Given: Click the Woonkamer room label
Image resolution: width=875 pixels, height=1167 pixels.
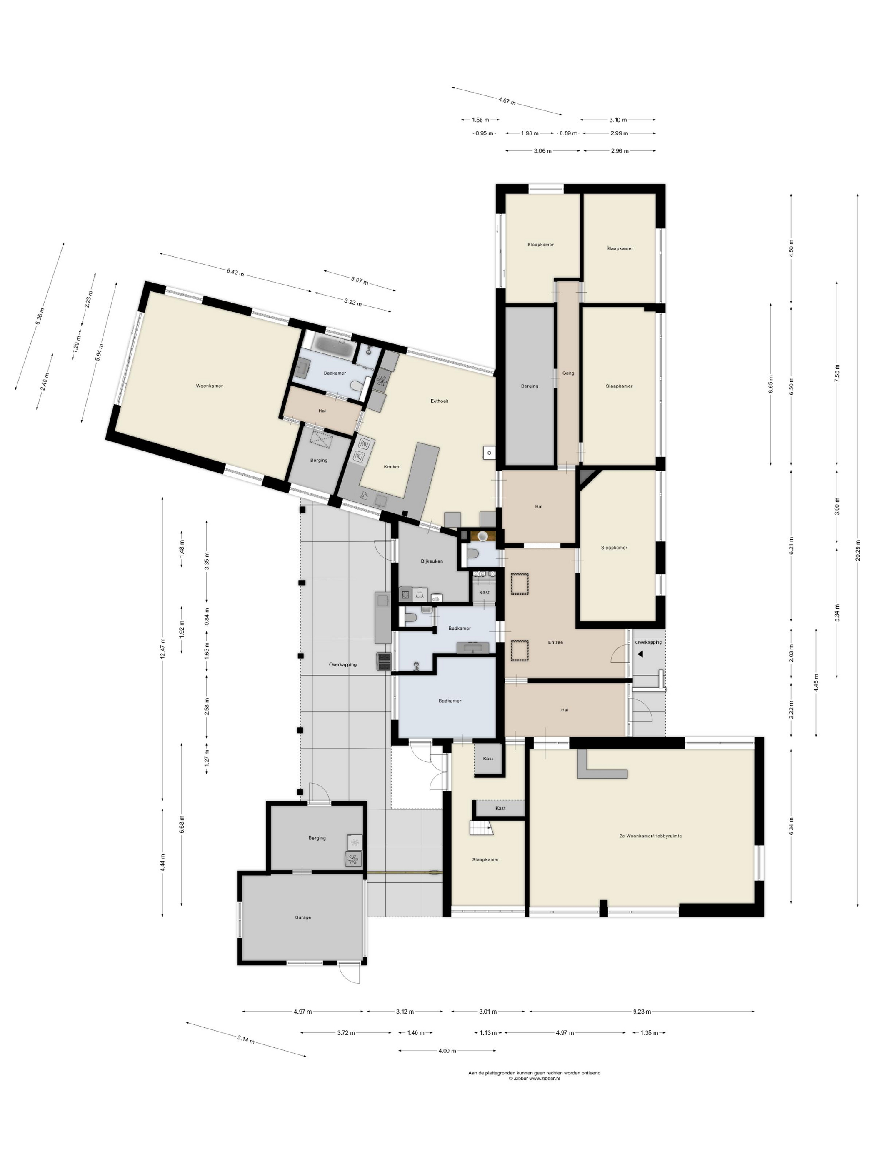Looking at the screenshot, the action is tap(210, 386).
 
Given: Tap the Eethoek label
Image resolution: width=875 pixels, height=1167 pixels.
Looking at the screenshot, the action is tap(439, 401).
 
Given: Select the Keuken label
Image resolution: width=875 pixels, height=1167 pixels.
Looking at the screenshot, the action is tap(392, 466).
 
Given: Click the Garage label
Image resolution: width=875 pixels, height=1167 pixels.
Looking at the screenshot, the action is tap(303, 917).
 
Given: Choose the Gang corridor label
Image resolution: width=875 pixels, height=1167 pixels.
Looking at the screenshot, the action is tap(568, 373).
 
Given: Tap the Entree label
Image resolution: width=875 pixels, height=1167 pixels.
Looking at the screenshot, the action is tap(555, 643).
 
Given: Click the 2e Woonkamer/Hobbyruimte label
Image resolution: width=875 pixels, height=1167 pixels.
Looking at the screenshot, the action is tap(650, 836).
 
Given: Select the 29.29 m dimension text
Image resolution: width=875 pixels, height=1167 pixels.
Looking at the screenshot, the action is tap(858, 551).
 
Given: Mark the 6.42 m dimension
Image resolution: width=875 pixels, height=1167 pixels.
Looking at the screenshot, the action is tap(235, 272).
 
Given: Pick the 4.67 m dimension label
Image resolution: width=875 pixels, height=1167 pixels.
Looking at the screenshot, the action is tap(507, 100).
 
